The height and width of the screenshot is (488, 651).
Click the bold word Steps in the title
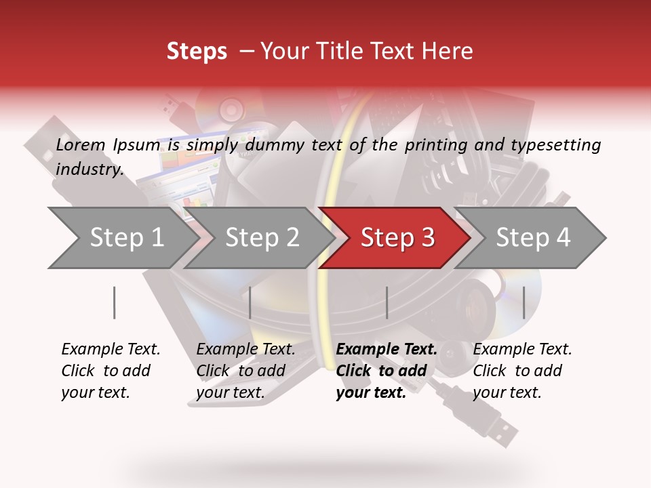[x=197, y=51]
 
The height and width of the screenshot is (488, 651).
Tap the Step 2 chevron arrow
[x=262, y=238]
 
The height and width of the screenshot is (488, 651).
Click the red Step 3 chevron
[x=397, y=238]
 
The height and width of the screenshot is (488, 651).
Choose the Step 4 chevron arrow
[x=533, y=238]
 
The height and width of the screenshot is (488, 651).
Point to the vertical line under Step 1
[x=115, y=302]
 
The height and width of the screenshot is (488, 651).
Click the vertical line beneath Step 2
[x=250, y=302]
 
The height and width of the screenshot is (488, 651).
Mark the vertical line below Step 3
[x=387, y=302]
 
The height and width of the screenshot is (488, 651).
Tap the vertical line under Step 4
[x=524, y=302]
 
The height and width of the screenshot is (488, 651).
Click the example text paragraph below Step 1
[x=111, y=370]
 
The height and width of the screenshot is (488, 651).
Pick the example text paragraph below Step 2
[x=245, y=370]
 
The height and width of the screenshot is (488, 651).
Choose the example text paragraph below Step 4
[x=522, y=370]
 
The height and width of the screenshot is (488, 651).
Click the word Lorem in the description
[x=81, y=144]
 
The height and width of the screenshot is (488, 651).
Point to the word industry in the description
[x=90, y=169]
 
